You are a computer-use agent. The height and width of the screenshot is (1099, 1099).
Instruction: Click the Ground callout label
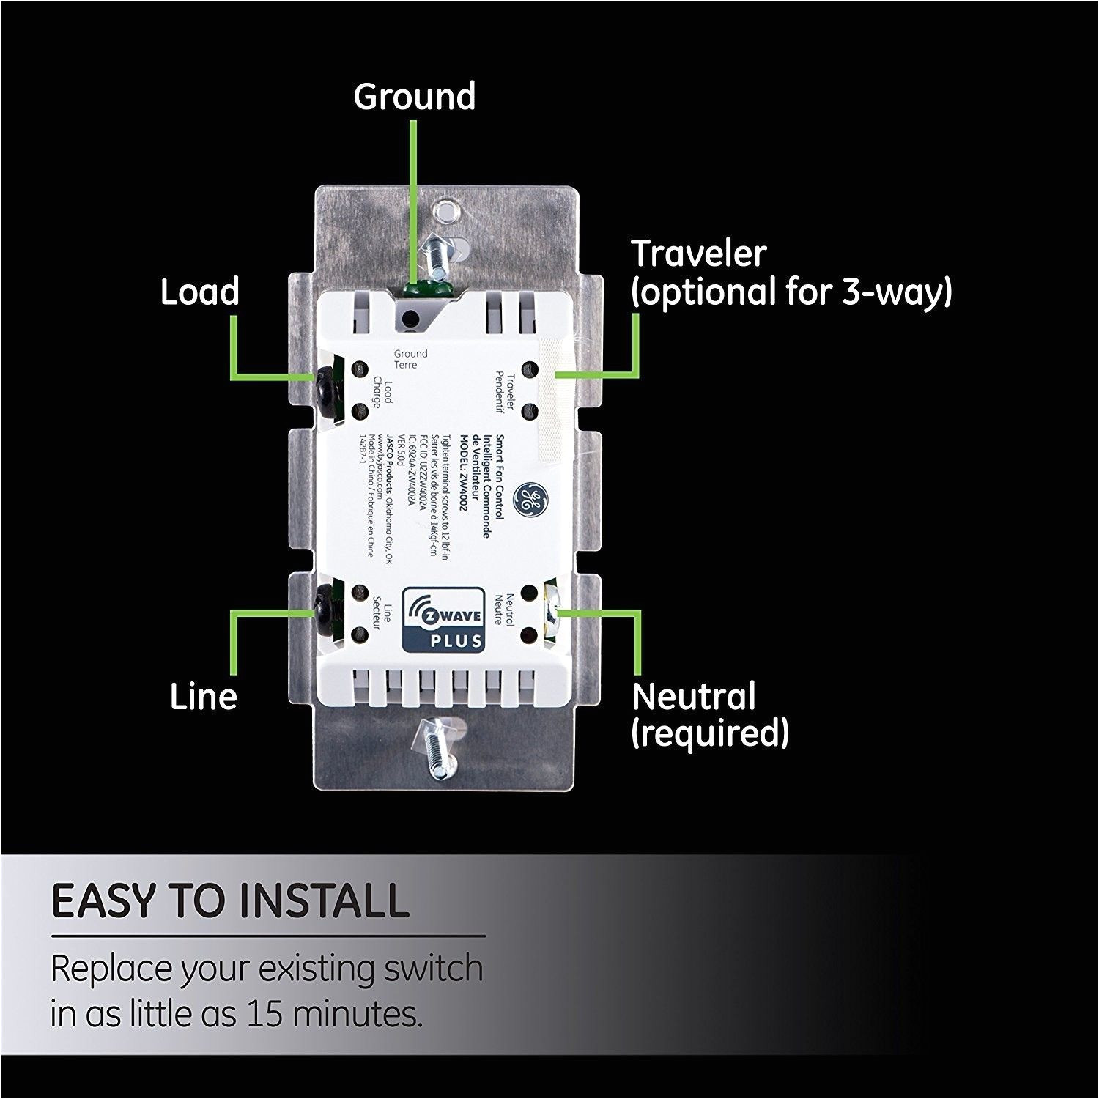tap(414, 97)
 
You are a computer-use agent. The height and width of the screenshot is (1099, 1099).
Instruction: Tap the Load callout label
tap(200, 292)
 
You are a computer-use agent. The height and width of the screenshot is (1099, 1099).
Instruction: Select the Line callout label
tap(204, 696)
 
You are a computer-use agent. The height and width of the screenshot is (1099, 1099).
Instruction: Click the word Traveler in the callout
tap(698, 254)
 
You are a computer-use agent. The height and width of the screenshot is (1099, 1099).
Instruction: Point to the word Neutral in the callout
tap(693, 696)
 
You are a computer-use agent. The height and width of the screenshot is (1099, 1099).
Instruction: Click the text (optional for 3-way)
tap(791, 292)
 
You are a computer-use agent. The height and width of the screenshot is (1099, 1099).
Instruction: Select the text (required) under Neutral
tap(710, 733)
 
